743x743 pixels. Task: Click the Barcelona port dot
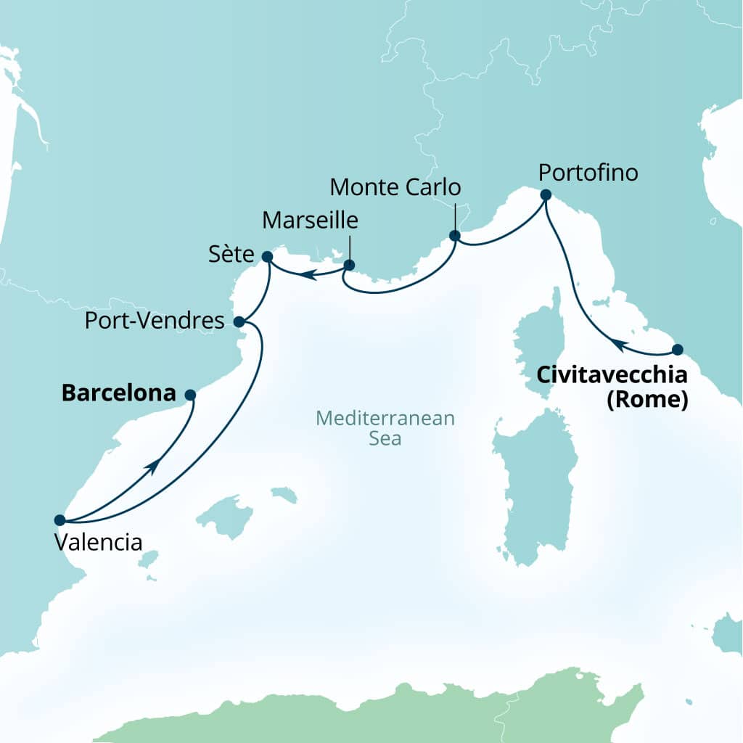coord(190,395)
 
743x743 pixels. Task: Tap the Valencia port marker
coord(59,520)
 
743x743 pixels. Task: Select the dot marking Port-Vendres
coord(239,321)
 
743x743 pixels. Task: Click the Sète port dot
coord(266,256)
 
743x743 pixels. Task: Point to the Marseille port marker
coord(349,266)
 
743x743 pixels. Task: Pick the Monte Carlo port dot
coord(455,236)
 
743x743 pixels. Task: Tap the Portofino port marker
coord(546,194)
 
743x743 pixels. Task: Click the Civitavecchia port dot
coord(678,349)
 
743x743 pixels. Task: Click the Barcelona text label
coord(119,393)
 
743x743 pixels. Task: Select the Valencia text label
coord(99,542)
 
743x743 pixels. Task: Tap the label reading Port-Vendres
coord(155,321)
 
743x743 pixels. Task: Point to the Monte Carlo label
coord(395,187)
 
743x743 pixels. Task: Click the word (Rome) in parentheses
coord(647,398)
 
